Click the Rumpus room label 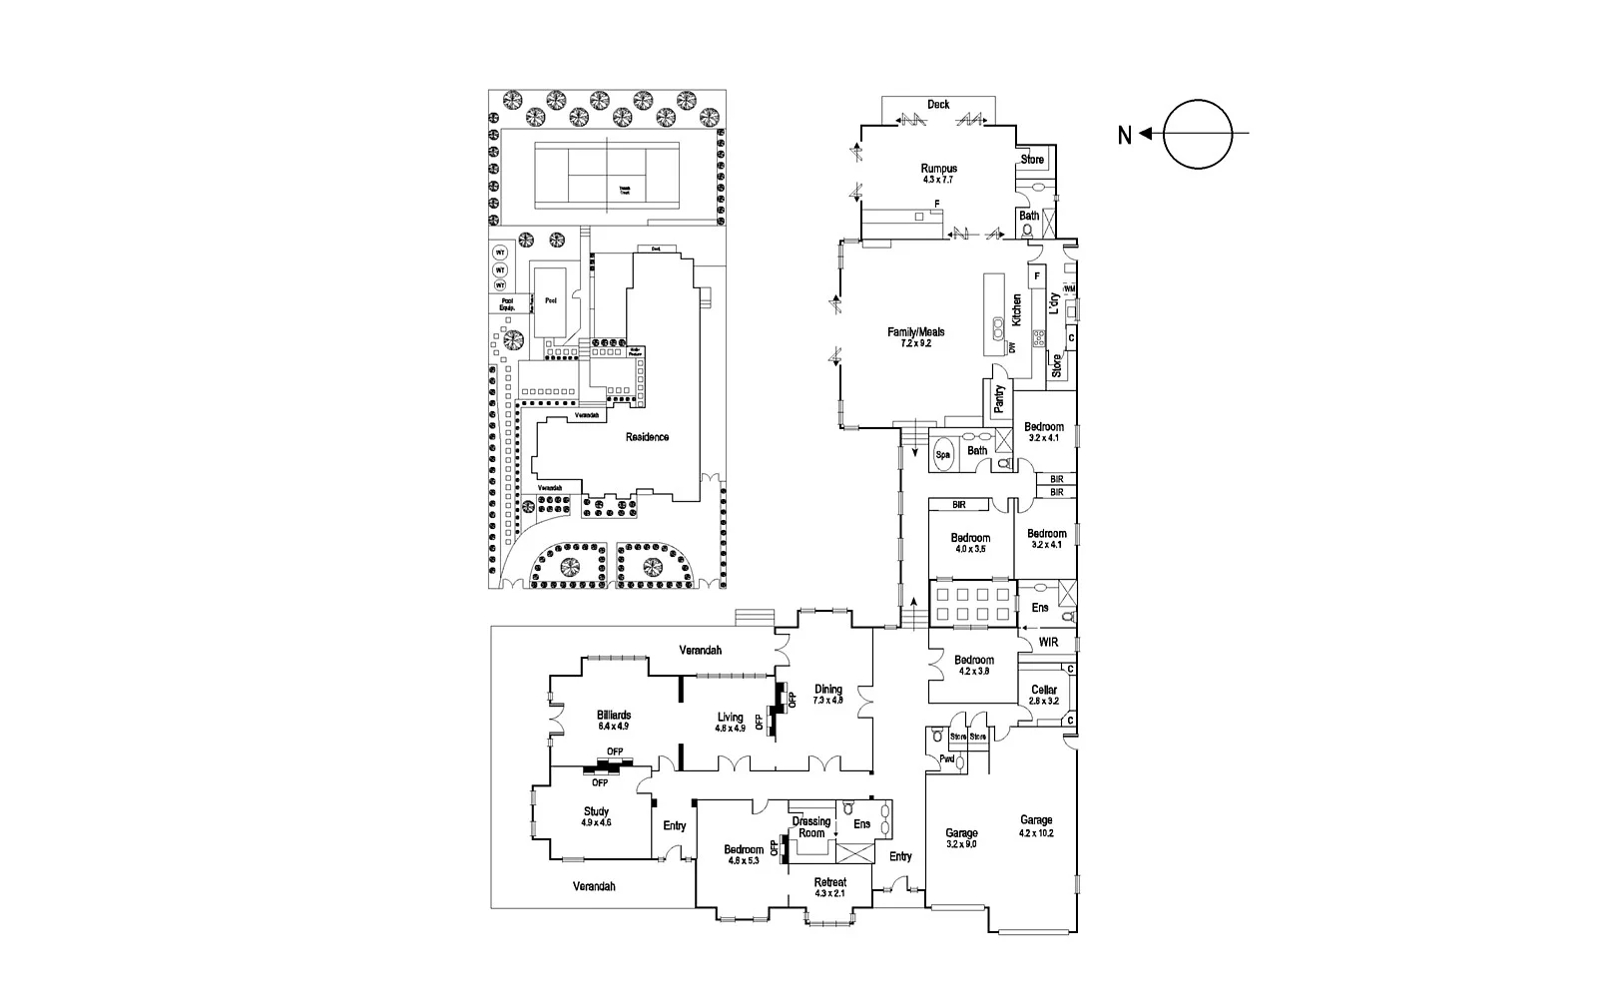pyautogui.click(x=938, y=170)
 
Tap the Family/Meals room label pyautogui.click(x=916, y=333)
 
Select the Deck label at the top pyautogui.click(x=938, y=104)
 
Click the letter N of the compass pyautogui.click(x=1124, y=135)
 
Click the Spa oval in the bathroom pyautogui.click(x=943, y=455)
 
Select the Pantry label pyautogui.click(x=999, y=399)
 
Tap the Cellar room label pyautogui.click(x=1044, y=691)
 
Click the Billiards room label pyautogui.click(x=614, y=716)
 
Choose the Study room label pyautogui.click(x=596, y=812)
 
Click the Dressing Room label pyautogui.click(x=811, y=827)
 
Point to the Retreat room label pyautogui.click(x=830, y=883)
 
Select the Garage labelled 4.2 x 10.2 pyautogui.click(x=1036, y=820)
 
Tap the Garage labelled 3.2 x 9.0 pyautogui.click(x=962, y=832)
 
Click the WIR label pyautogui.click(x=1048, y=642)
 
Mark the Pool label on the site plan pyautogui.click(x=550, y=299)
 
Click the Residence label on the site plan pyautogui.click(x=647, y=437)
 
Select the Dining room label pyautogui.click(x=828, y=690)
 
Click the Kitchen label pyautogui.click(x=1017, y=310)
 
